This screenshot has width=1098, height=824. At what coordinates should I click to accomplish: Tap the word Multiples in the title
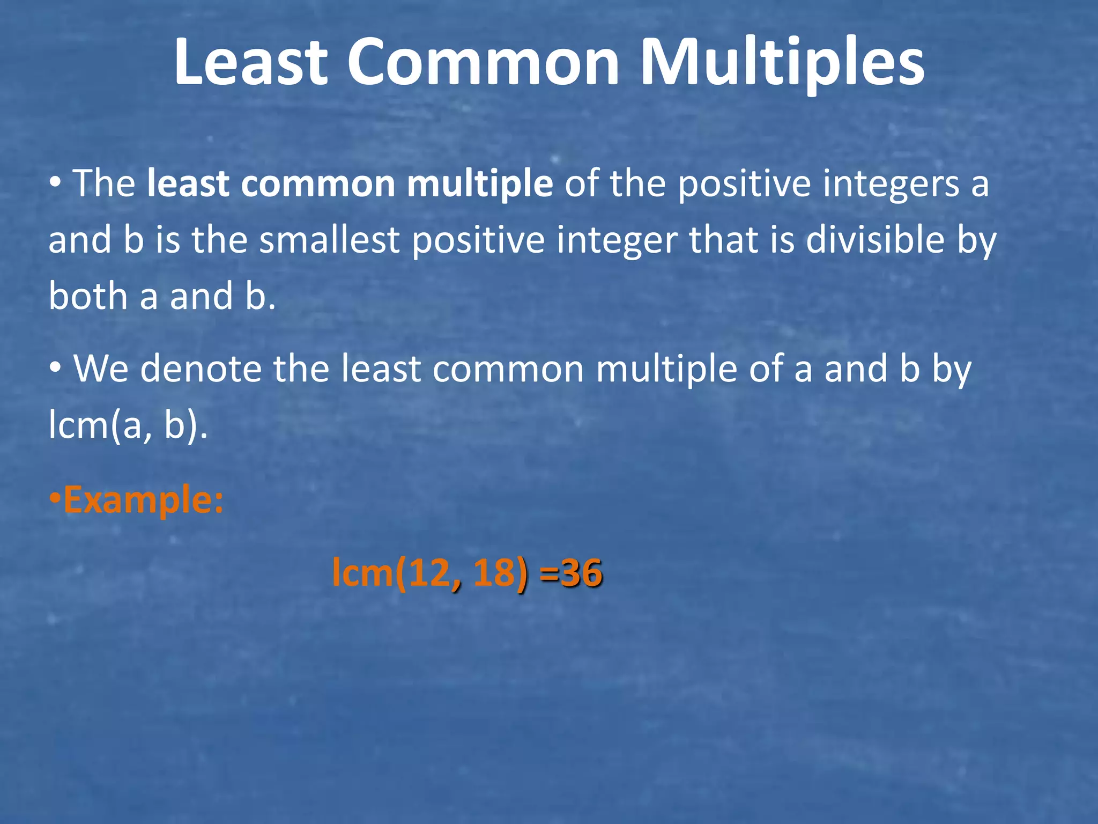tap(782, 63)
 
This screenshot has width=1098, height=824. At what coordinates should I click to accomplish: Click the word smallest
tap(329, 240)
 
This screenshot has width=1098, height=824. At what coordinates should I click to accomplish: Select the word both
tap(88, 296)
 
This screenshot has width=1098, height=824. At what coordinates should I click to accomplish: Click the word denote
tap(201, 370)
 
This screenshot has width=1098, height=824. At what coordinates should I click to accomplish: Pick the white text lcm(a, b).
tap(128, 425)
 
